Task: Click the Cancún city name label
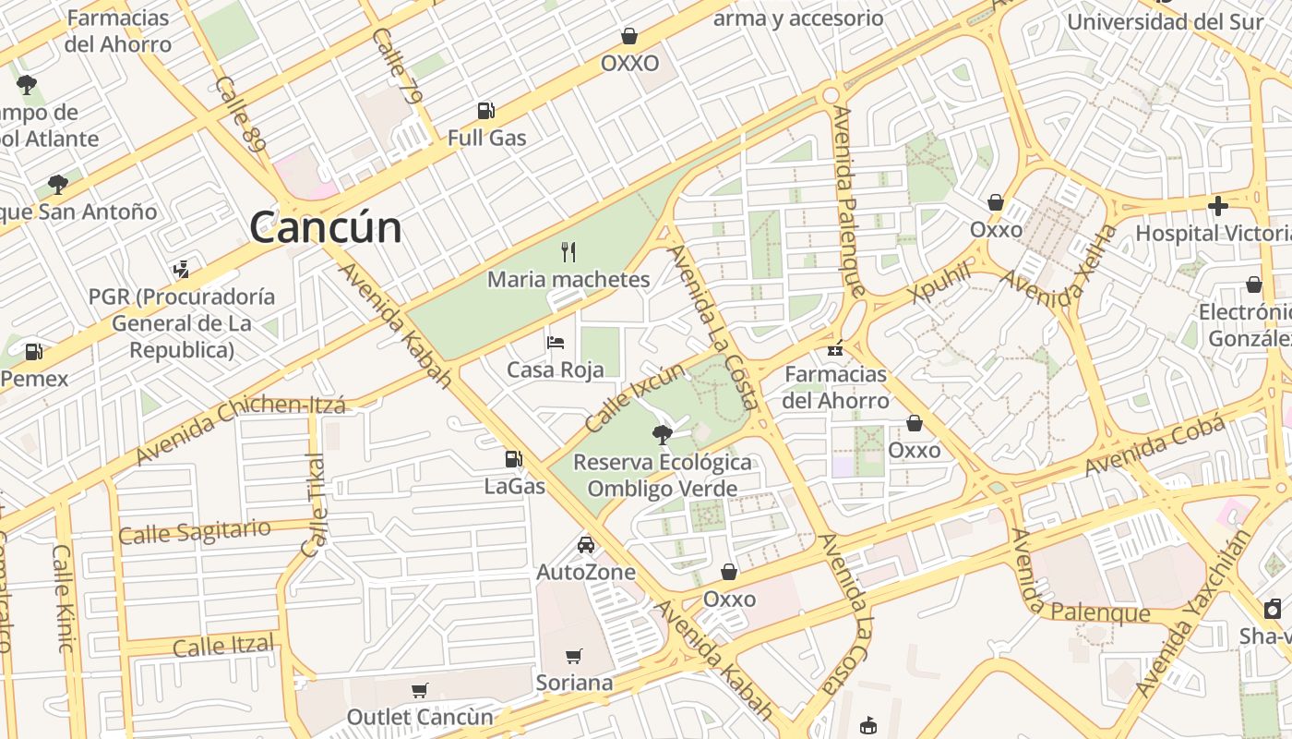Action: [x=325, y=227]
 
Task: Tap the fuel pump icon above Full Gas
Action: [x=485, y=111]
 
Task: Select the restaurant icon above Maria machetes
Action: [x=568, y=251]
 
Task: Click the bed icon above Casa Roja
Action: [x=555, y=343]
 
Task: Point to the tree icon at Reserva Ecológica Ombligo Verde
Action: [x=661, y=434]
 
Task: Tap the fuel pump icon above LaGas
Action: [x=514, y=458]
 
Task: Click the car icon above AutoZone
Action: [x=585, y=545]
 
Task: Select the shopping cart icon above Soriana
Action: [x=573, y=656]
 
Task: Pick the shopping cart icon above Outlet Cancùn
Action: [x=419, y=690]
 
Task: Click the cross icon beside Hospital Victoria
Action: [x=1218, y=206]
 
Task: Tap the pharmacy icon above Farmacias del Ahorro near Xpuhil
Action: [x=835, y=348]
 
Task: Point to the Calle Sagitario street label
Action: [x=195, y=532]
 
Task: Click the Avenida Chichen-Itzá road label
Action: [x=240, y=430]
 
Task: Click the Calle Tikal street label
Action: [x=314, y=506]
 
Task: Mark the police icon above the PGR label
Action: [x=181, y=270]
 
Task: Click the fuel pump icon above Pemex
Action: [x=33, y=352]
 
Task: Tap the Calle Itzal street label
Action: [x=223, y=646]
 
